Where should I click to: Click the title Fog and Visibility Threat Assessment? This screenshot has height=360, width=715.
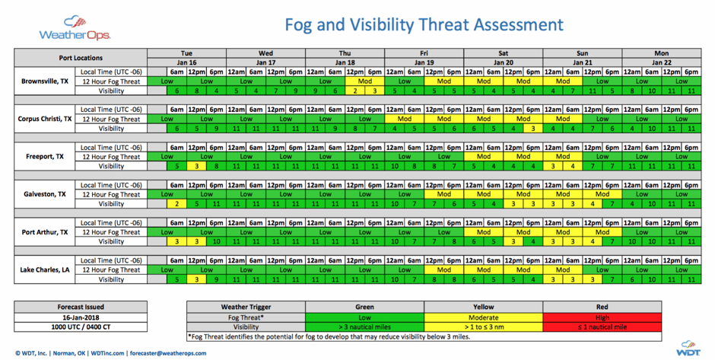point(424,24)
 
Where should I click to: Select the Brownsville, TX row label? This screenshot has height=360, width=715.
point(44,81)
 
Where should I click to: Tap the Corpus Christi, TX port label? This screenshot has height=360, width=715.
point(46,119)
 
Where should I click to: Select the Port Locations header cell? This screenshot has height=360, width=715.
point(81,58)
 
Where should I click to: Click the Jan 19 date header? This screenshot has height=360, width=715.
point(424,62)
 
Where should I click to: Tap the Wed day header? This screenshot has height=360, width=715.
point(265,54)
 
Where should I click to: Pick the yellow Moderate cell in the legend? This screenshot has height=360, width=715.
point(484,317)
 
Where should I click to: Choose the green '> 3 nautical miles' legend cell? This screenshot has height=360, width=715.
point(365,327)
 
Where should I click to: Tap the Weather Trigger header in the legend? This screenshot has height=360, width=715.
point(246,307)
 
